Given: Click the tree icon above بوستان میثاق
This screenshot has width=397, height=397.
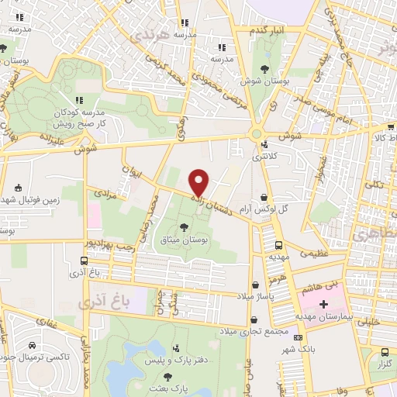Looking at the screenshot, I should [184, 226].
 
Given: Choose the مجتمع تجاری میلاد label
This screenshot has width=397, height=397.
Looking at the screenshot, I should [256, 330].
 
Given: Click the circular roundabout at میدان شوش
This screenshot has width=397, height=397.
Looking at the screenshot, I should [255, 134].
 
